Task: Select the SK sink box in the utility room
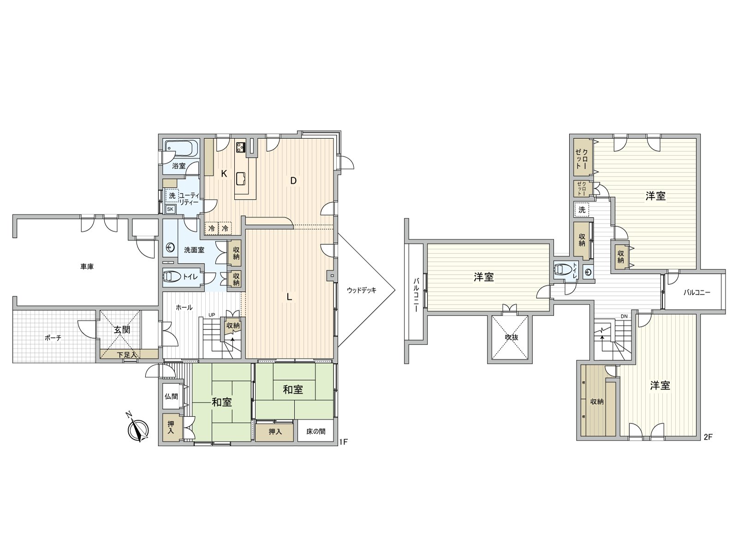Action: (170, 209)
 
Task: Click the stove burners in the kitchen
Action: (241, 147)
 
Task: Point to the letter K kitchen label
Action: (224, 174)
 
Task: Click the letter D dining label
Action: (293, 181)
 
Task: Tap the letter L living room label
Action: (288, 296)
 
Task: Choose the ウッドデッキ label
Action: (362, 290)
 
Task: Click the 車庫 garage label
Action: (87, 267)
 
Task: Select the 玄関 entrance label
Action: (121, 329)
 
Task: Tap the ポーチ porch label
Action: (53, 338)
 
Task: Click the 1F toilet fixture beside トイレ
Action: (173, 276)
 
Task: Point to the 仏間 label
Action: (171, 396)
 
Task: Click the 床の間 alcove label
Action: (315, 431)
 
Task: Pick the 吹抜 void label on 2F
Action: (512, 337)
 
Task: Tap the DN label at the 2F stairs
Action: (624, 316)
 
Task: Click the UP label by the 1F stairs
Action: (211, 315)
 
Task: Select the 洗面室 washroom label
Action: (194, 250)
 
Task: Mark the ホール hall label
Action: (184, 307)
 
